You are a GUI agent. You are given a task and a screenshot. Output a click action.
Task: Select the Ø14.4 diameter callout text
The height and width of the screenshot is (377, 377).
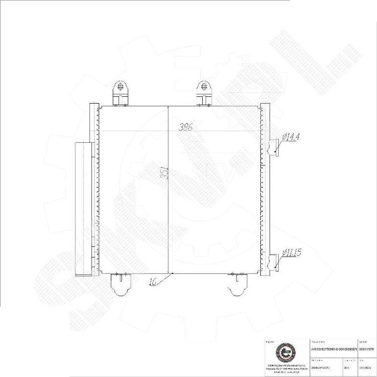291,137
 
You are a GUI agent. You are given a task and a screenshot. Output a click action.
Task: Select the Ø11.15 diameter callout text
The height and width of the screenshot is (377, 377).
291,252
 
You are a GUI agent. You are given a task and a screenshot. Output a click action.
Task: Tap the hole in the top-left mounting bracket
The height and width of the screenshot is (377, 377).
119,88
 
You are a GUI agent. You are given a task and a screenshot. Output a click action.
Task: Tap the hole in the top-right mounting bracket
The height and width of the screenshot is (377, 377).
204,88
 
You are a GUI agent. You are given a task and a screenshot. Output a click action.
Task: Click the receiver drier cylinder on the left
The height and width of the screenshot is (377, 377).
83,208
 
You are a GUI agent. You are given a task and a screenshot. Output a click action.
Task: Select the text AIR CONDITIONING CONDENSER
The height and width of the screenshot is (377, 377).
334,348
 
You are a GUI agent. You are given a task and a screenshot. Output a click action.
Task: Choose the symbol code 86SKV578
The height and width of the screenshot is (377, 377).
367,348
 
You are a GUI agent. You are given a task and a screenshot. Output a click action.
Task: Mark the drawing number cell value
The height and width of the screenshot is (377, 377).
347,367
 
